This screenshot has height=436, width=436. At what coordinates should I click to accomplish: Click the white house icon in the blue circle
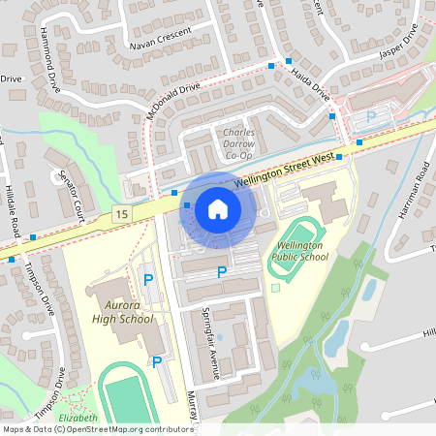(x=218, y=208)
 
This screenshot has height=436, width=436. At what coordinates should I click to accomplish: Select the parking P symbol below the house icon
(x=221, y=273)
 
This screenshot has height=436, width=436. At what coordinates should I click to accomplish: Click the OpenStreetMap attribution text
(x=97, y=428)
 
